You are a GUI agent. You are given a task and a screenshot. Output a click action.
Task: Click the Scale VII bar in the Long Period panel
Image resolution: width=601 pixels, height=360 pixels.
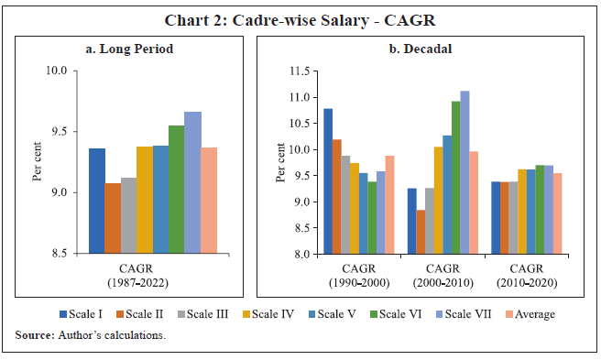tap(192, 182)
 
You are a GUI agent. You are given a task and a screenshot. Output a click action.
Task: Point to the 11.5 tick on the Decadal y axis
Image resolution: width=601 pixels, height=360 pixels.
tap(296, 71)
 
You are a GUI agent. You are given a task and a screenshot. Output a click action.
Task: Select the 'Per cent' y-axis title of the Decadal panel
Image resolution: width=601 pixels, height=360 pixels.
tap(279, 163)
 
